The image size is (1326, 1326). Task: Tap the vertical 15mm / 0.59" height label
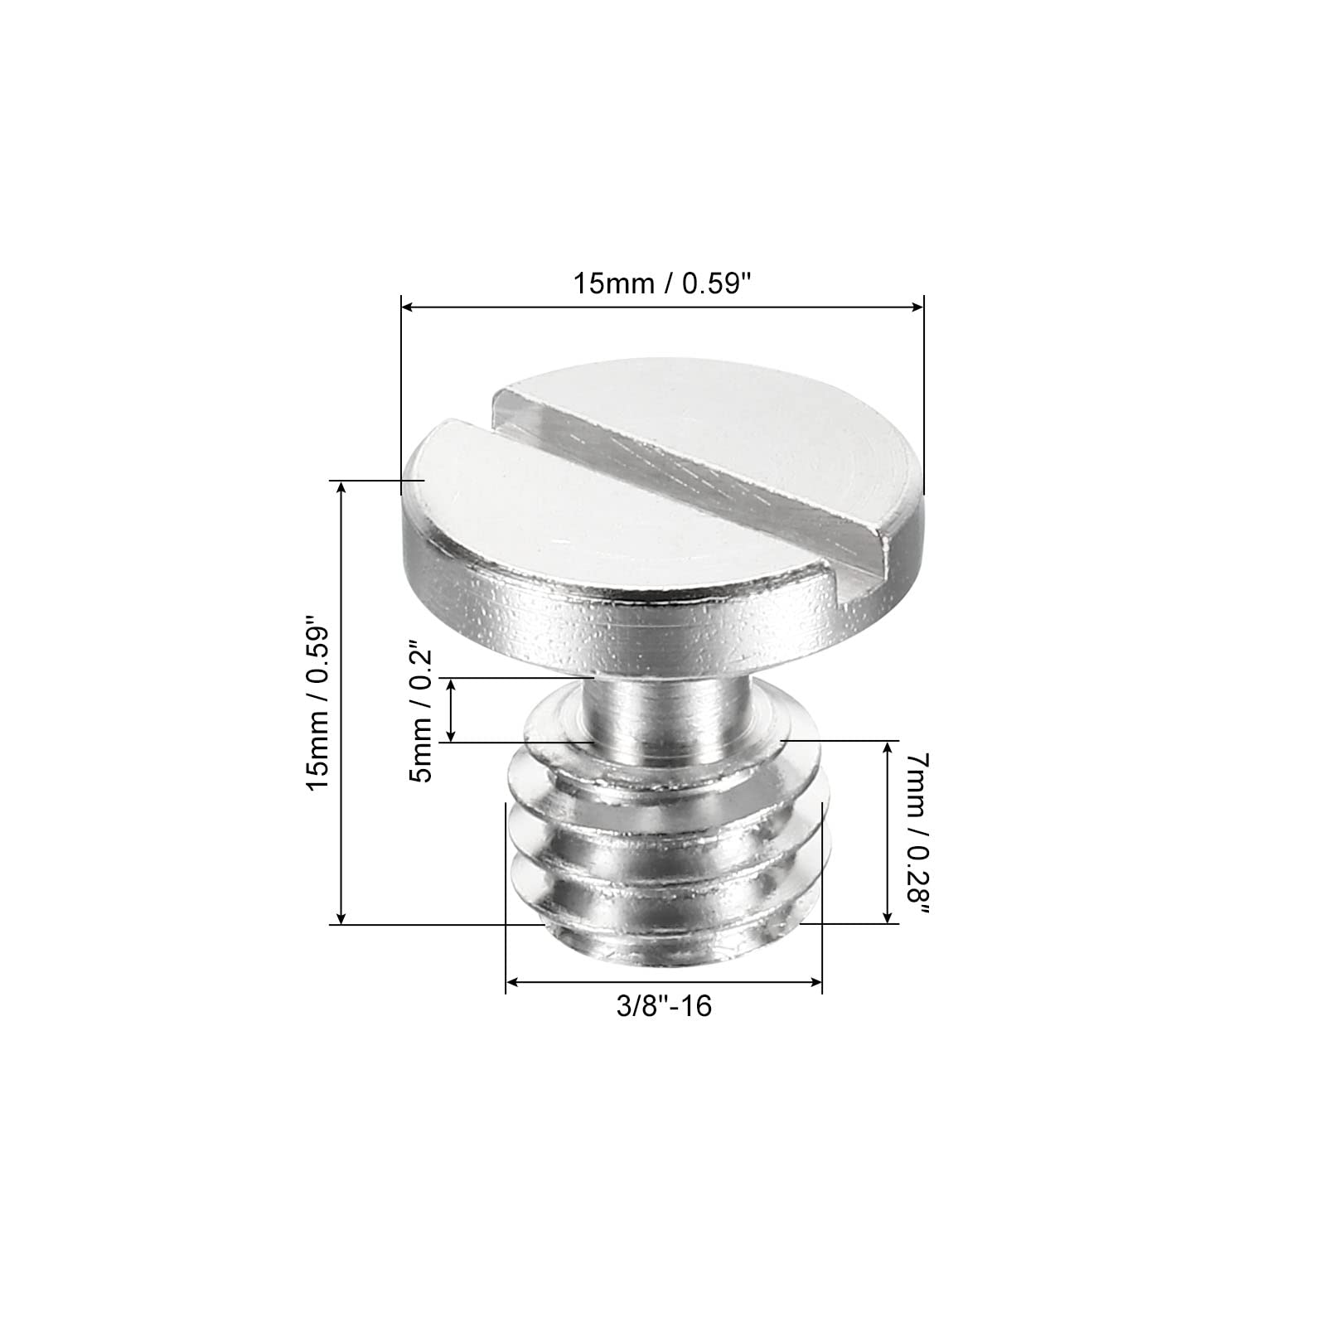[320, 702]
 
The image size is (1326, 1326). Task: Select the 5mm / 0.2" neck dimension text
[422, 709]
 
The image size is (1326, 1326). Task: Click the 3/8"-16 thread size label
[664, 1006]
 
